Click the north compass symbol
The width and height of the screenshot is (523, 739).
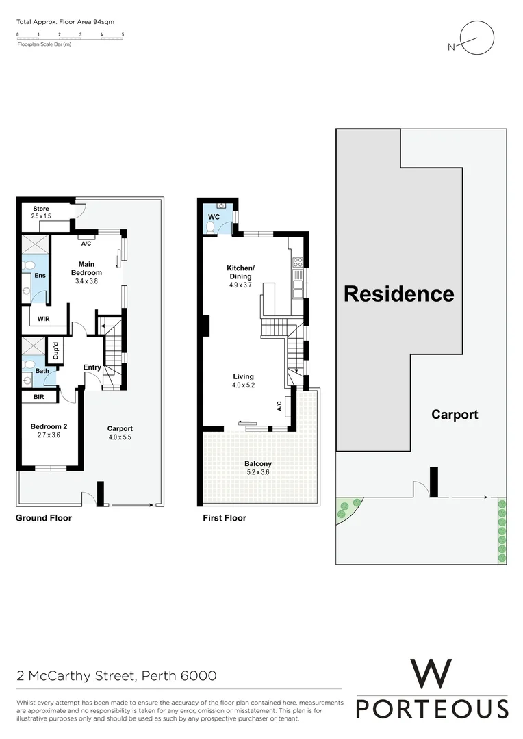pos(474,40)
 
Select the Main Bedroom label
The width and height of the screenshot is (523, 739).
pos(86,268)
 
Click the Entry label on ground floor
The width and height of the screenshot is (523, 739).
pos(92,367)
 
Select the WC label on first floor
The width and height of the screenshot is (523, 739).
pos(214,217)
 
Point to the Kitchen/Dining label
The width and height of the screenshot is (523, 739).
pos(241,276)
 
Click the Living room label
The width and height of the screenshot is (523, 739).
pos(243,380)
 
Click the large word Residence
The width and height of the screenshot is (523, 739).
pos(398,294)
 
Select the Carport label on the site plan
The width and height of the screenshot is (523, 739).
pos(455,414)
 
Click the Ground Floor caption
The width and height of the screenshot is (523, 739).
pos(43,518)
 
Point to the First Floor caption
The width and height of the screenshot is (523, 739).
pos(225,518)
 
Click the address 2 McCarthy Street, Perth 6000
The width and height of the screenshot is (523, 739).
pos(117,676)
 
